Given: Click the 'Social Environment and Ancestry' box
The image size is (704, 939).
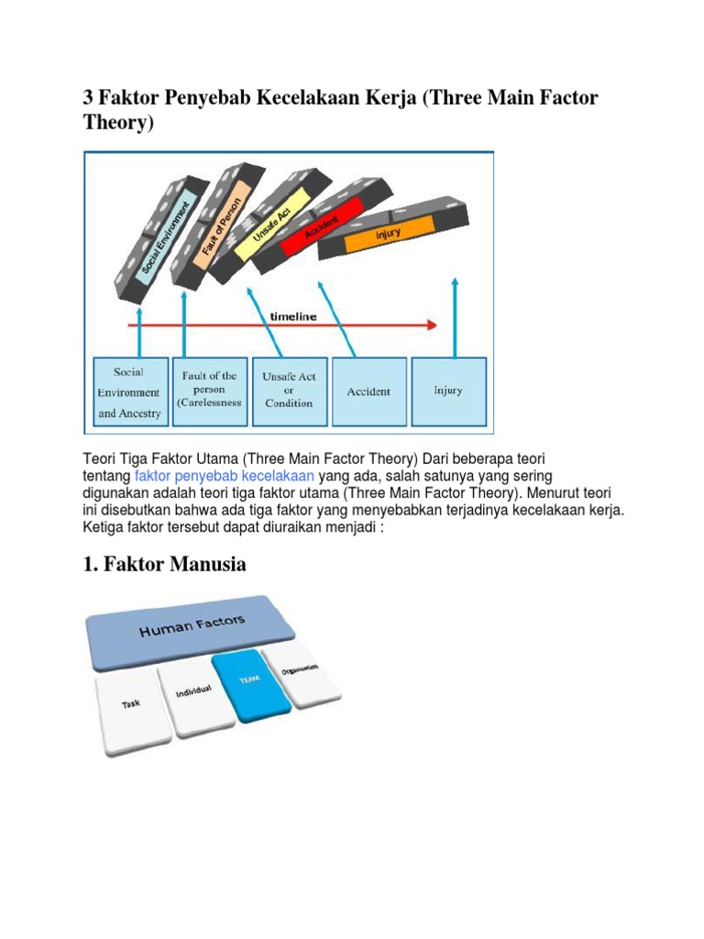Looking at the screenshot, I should tap(128, 392).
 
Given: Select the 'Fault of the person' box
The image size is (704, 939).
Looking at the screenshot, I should tap(209, 392).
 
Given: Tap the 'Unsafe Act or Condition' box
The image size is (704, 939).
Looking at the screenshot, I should tap(288, 392).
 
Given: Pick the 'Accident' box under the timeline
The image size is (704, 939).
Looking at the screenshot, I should tap(368, 392).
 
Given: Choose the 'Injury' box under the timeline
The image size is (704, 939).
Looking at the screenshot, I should tap(448, 392).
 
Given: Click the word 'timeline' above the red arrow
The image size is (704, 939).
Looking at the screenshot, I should tap(293, 316).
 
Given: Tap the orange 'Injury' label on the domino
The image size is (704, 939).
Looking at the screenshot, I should tap(390, 235).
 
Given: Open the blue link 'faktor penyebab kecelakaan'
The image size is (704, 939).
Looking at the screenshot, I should tap(225, 475).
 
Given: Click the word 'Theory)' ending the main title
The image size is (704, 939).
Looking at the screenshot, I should tap(115, 124).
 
